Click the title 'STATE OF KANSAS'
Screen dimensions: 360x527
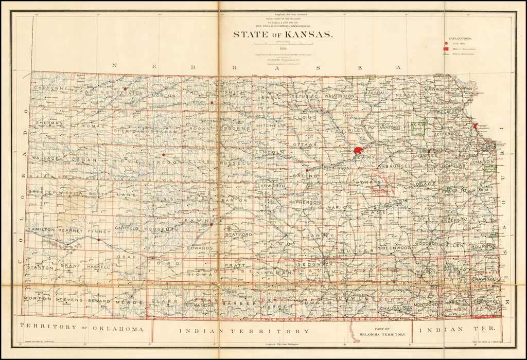click(x=283, y=35)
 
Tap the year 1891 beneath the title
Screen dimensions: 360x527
click(x=283, y=49)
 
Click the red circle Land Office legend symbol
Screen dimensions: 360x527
click(x=447, y=44)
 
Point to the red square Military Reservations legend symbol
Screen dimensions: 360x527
click(x=447, y=49)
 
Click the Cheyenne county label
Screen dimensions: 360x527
click(x=51, y=88)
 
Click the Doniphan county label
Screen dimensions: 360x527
click(x=461, y=89)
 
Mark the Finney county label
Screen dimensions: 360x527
click(x=99, y=231)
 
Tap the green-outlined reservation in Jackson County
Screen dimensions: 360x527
click(x=418, y=128)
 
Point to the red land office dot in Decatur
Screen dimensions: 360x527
click(x=125, y=89)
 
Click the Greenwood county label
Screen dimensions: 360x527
click(x=395, y=248)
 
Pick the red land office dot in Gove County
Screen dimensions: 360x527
click(x=164, y=154)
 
